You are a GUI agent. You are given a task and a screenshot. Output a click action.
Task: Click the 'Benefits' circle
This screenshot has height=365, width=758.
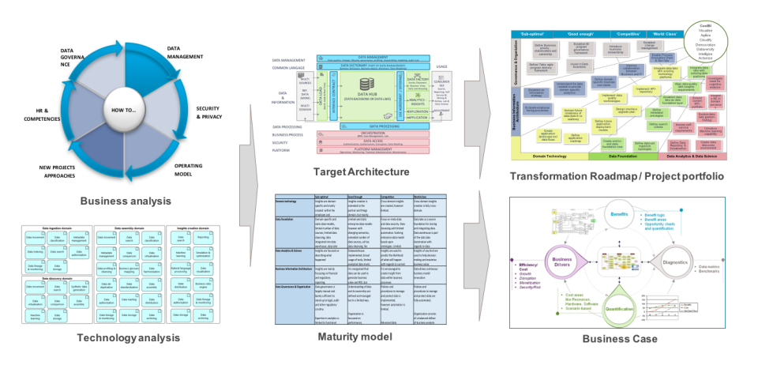pyautogui.click(x=628, y=216)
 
